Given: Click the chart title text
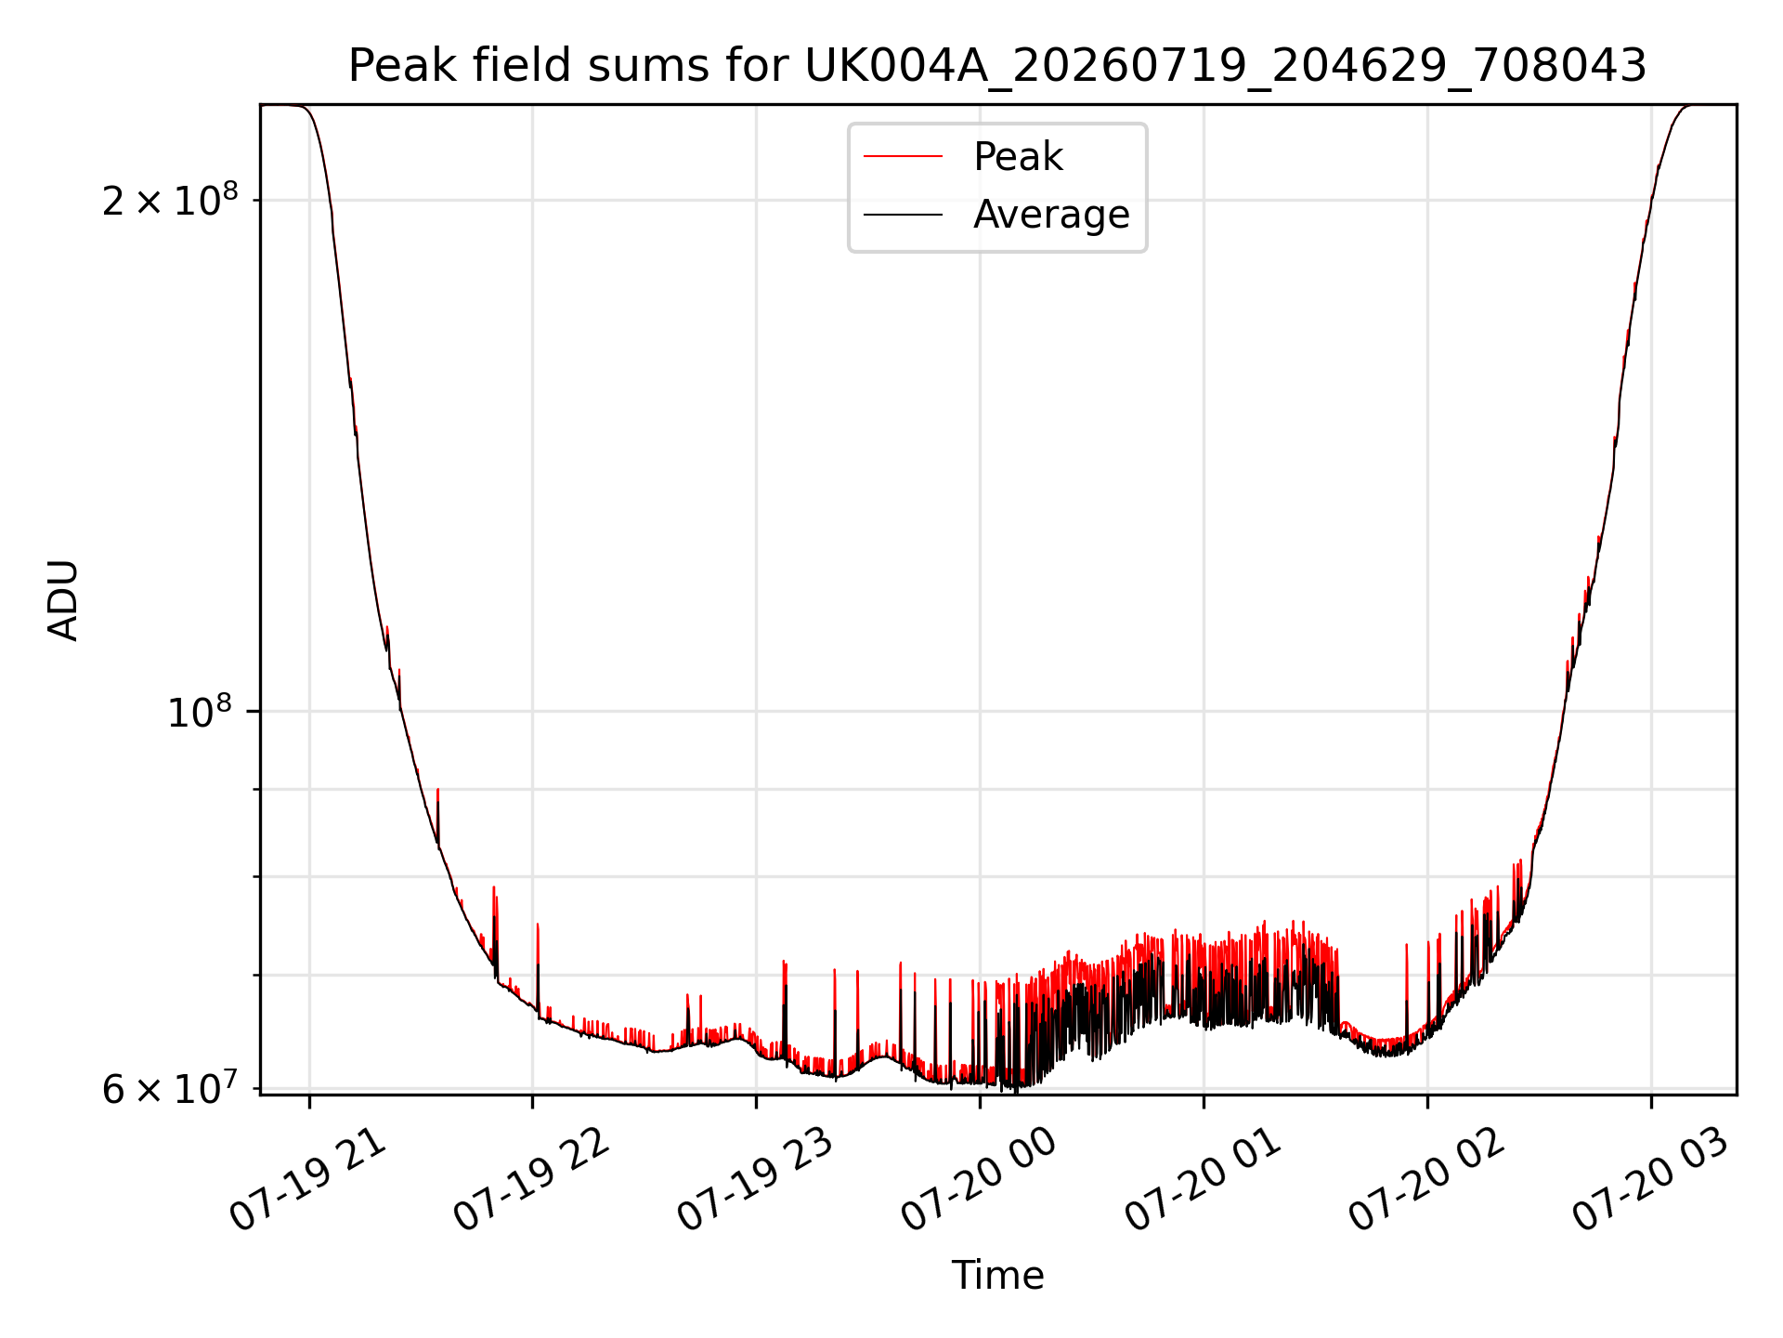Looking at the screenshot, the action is (997, 66).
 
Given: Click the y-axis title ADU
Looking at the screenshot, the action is (63, 600).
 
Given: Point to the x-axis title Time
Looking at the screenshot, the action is (997, 1276).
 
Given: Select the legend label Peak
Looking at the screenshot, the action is (1018, 157).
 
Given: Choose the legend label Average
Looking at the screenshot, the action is (1051, 215).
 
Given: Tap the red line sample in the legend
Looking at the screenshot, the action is (903, 157).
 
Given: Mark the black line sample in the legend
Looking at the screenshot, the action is (903, 215).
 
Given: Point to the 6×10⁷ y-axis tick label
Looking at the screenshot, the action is (170, 1088).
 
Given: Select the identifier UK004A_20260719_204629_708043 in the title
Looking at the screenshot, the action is (1226, 67).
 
